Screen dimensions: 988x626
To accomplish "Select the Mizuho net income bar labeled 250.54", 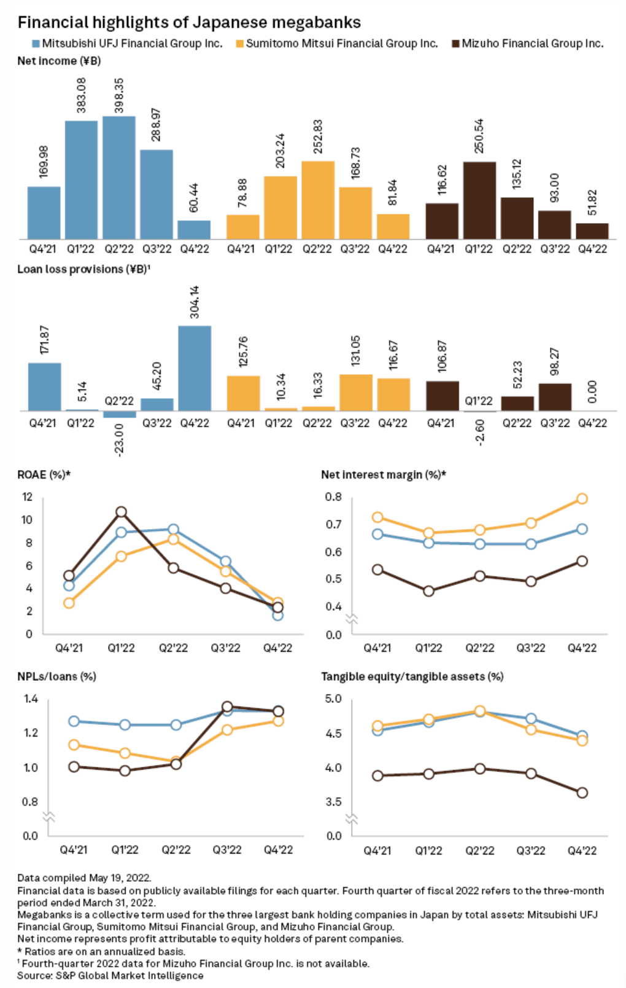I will pos(479,200).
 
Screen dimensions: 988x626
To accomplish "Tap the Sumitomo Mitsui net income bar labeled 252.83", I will pos(318,200).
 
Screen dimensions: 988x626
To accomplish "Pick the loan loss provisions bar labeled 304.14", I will pos(195,367).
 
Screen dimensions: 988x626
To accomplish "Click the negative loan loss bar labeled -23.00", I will pos(120,415).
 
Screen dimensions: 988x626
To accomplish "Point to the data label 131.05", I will pos(355,350).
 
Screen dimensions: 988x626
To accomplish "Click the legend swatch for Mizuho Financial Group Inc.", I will pos(455,44).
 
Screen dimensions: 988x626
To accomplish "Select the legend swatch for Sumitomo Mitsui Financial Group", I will pos(240,44).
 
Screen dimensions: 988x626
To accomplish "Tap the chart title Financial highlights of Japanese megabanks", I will pos(189,23).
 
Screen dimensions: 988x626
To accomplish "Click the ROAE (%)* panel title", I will pos(44,474).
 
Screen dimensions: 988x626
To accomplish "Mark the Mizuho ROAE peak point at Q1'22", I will pos(121,512).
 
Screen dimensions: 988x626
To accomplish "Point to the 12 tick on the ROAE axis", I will pos(27,496).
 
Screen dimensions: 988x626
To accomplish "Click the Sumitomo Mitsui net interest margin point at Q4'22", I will pos(582,498).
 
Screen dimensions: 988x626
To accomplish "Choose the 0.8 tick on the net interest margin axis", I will pos(333,496).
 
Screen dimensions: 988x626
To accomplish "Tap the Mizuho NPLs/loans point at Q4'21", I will pos(74,766).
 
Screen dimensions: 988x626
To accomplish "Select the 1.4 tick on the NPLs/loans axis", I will pos(31,699).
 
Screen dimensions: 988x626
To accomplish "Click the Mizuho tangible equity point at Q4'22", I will pos(582,793).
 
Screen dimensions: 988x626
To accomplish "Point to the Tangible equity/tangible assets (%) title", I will pos(412,676).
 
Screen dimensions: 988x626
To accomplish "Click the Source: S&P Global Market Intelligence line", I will pos(110,975).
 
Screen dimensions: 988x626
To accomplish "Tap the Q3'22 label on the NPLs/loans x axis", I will pos(227,850).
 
